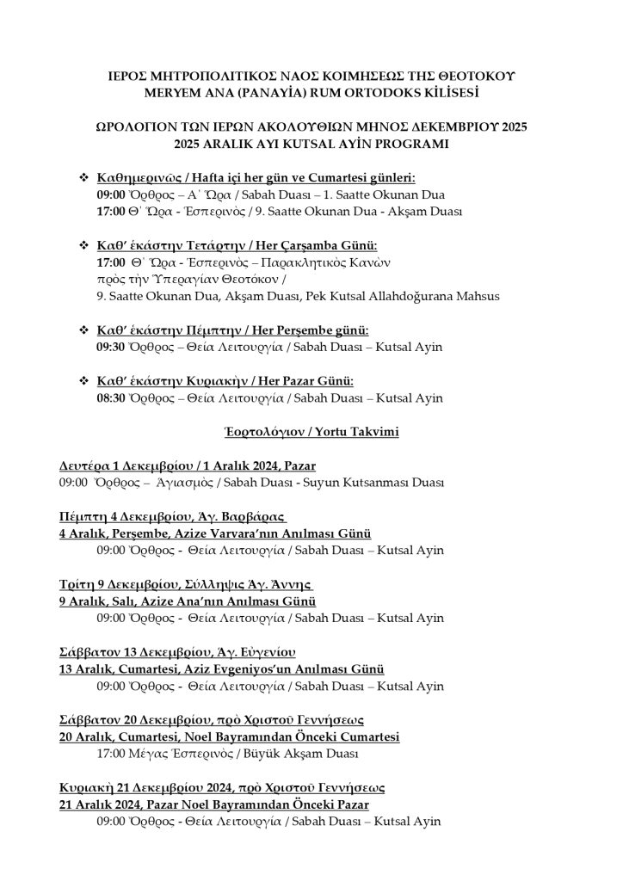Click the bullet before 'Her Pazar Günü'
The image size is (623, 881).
[84, 380]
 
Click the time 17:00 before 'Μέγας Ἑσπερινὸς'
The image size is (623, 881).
[111, 753]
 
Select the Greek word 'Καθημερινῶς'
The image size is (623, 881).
[141, 177]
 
